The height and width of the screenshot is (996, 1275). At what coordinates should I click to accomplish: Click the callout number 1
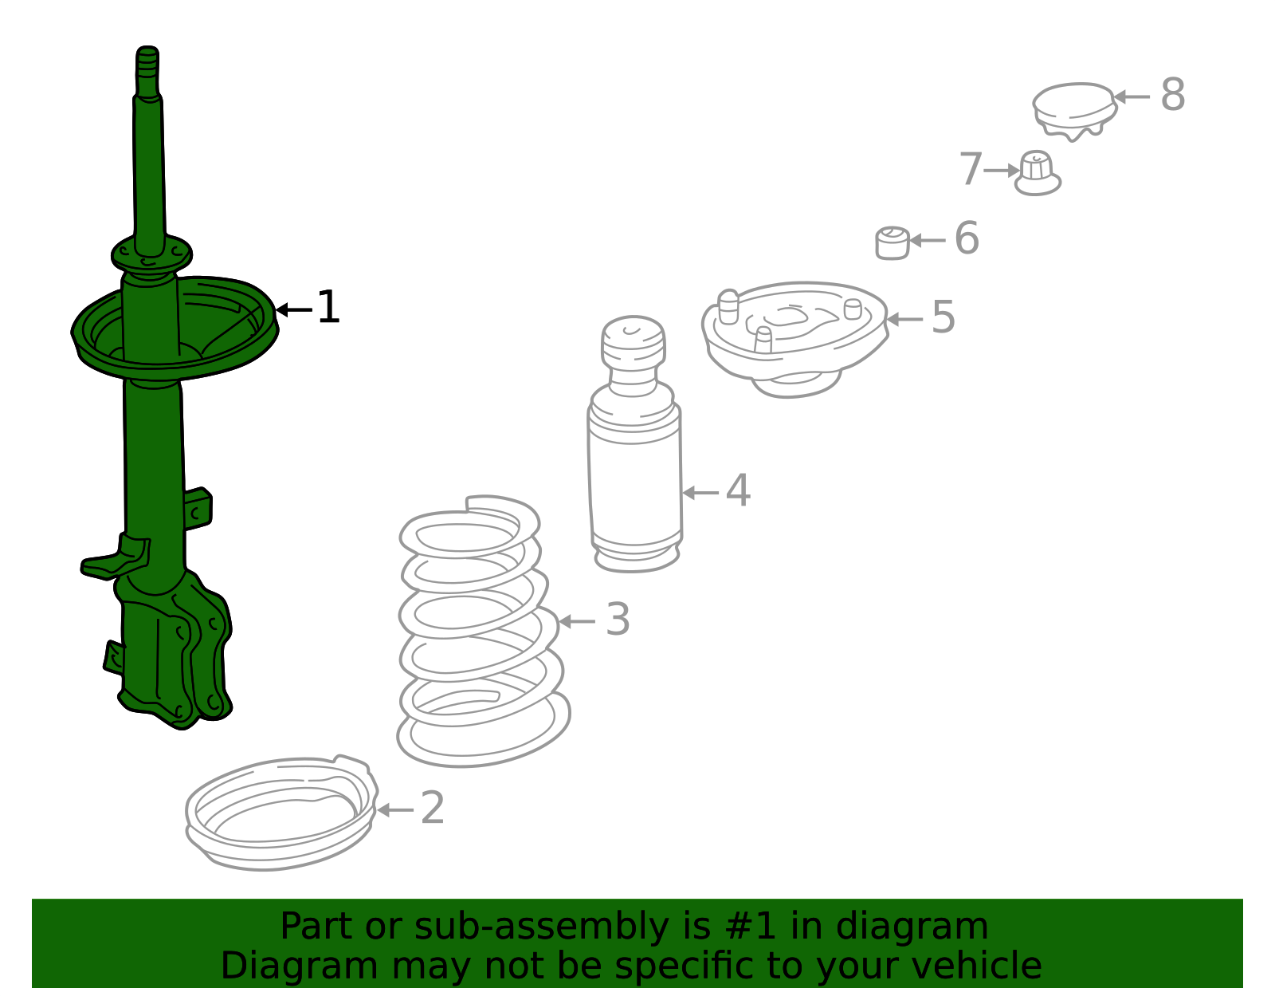(x=328, y=306)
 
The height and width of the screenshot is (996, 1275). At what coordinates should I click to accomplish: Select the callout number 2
(x=433, y=808)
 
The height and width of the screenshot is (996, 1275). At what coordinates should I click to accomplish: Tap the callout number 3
(x=618, y=619)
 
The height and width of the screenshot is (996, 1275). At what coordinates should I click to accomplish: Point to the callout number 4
(x=738, y=490)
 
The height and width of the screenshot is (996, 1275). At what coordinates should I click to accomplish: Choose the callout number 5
(x=943, y=317)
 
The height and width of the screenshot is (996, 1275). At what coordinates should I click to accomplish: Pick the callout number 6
(x=967, y=238)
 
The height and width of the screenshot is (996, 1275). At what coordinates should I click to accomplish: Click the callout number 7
(x=971, y=169)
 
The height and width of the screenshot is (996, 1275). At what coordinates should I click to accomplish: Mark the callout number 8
(x=1173, y=94)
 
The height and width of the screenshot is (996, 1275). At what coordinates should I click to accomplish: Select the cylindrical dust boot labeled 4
(x=634, y=444)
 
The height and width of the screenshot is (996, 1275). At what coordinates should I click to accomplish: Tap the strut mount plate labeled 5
(x=795, y=339)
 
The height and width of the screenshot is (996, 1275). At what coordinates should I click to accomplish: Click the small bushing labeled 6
(x=892, y=243)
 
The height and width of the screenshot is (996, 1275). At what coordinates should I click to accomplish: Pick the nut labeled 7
(x=1038, y=173)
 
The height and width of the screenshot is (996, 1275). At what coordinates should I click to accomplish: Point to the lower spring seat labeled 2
(x=281, y=813)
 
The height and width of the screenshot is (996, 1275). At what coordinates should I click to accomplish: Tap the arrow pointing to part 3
(x=577, y=621)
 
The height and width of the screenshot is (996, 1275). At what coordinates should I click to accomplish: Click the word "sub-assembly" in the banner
(x=541, y=927)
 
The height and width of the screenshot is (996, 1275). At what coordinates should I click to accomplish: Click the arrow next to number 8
(x=1132, y=96)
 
